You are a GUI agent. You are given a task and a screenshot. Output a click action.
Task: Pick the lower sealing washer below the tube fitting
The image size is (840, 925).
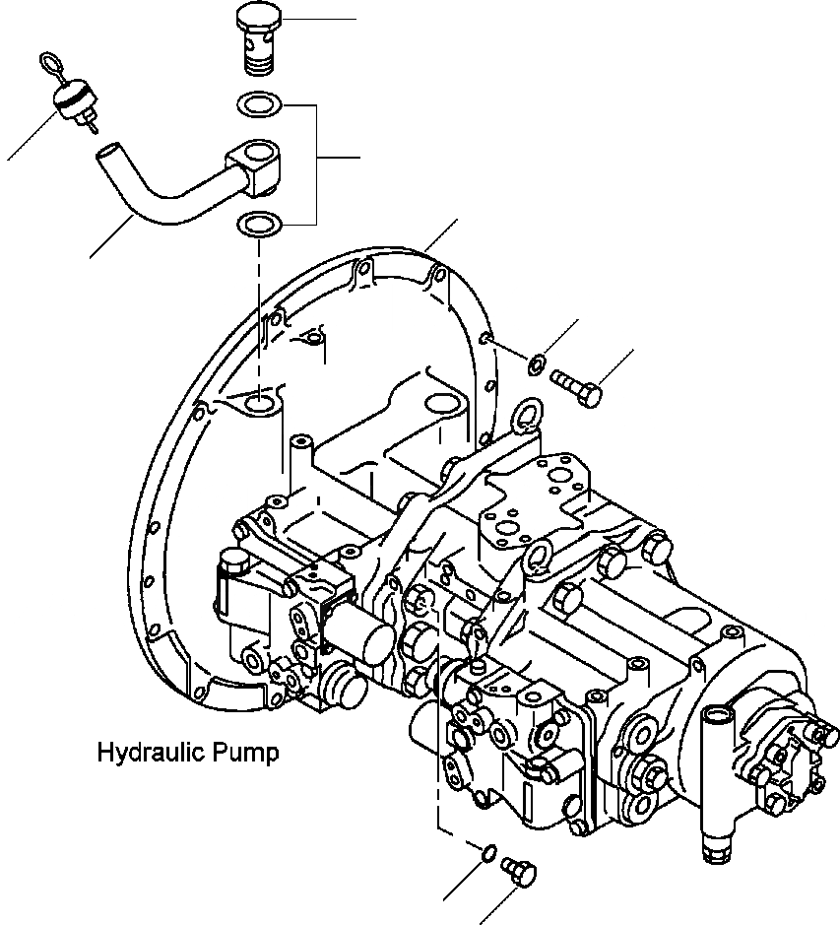click(261, 225)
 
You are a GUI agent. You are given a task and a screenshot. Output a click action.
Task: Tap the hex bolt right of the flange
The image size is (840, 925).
click(577, 386)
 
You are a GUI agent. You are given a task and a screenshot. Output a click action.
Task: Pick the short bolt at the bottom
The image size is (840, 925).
click(520, 868)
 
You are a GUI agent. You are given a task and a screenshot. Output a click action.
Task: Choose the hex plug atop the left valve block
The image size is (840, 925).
click(234, 564)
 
